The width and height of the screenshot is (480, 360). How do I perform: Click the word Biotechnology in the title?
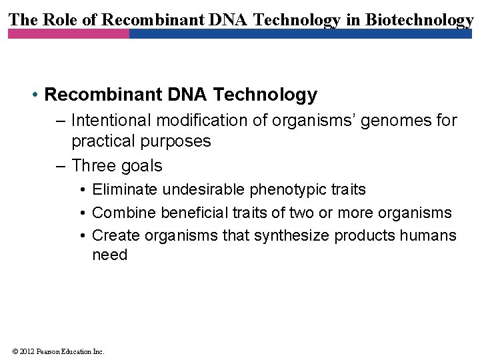tap(419, 19)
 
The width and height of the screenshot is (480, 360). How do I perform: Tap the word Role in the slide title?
tap(58, 19)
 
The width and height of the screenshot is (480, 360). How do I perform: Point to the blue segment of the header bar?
tap(300, 33)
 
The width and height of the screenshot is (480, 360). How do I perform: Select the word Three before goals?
tap(93, 165)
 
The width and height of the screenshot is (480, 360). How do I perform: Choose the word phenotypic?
tap(287, 190)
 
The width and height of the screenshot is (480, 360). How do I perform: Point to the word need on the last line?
tap(109, 255)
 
